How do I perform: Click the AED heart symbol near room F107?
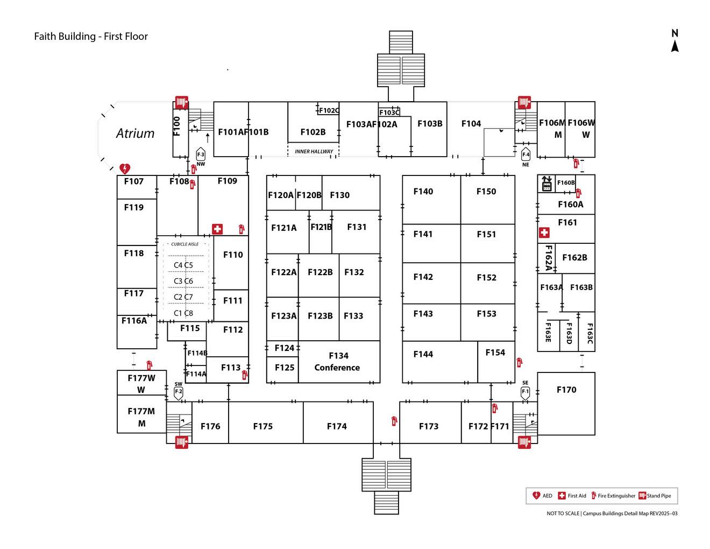tap(125, 169)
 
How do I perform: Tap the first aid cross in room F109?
tap(217, 229)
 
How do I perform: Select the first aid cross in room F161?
tap(544, 233)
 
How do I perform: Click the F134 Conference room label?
tap(337, 362)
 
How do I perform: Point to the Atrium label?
tap(135, 133)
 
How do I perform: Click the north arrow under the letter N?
tap(674, 47)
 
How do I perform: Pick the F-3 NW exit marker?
tap(201, 154)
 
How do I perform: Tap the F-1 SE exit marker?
tap(526, 392)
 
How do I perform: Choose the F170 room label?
tap(566, 390)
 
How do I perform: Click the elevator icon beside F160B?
tap(546, 184)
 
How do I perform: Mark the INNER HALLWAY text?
tap(314, 152)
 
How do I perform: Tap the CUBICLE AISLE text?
tap(185, 244)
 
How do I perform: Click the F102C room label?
tap(329, 111)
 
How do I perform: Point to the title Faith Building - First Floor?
tap(91, 37)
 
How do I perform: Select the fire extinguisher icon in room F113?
tap(244, 375)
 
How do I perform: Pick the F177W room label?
tap(141, 378)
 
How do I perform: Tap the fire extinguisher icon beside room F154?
tap(519, 363)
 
